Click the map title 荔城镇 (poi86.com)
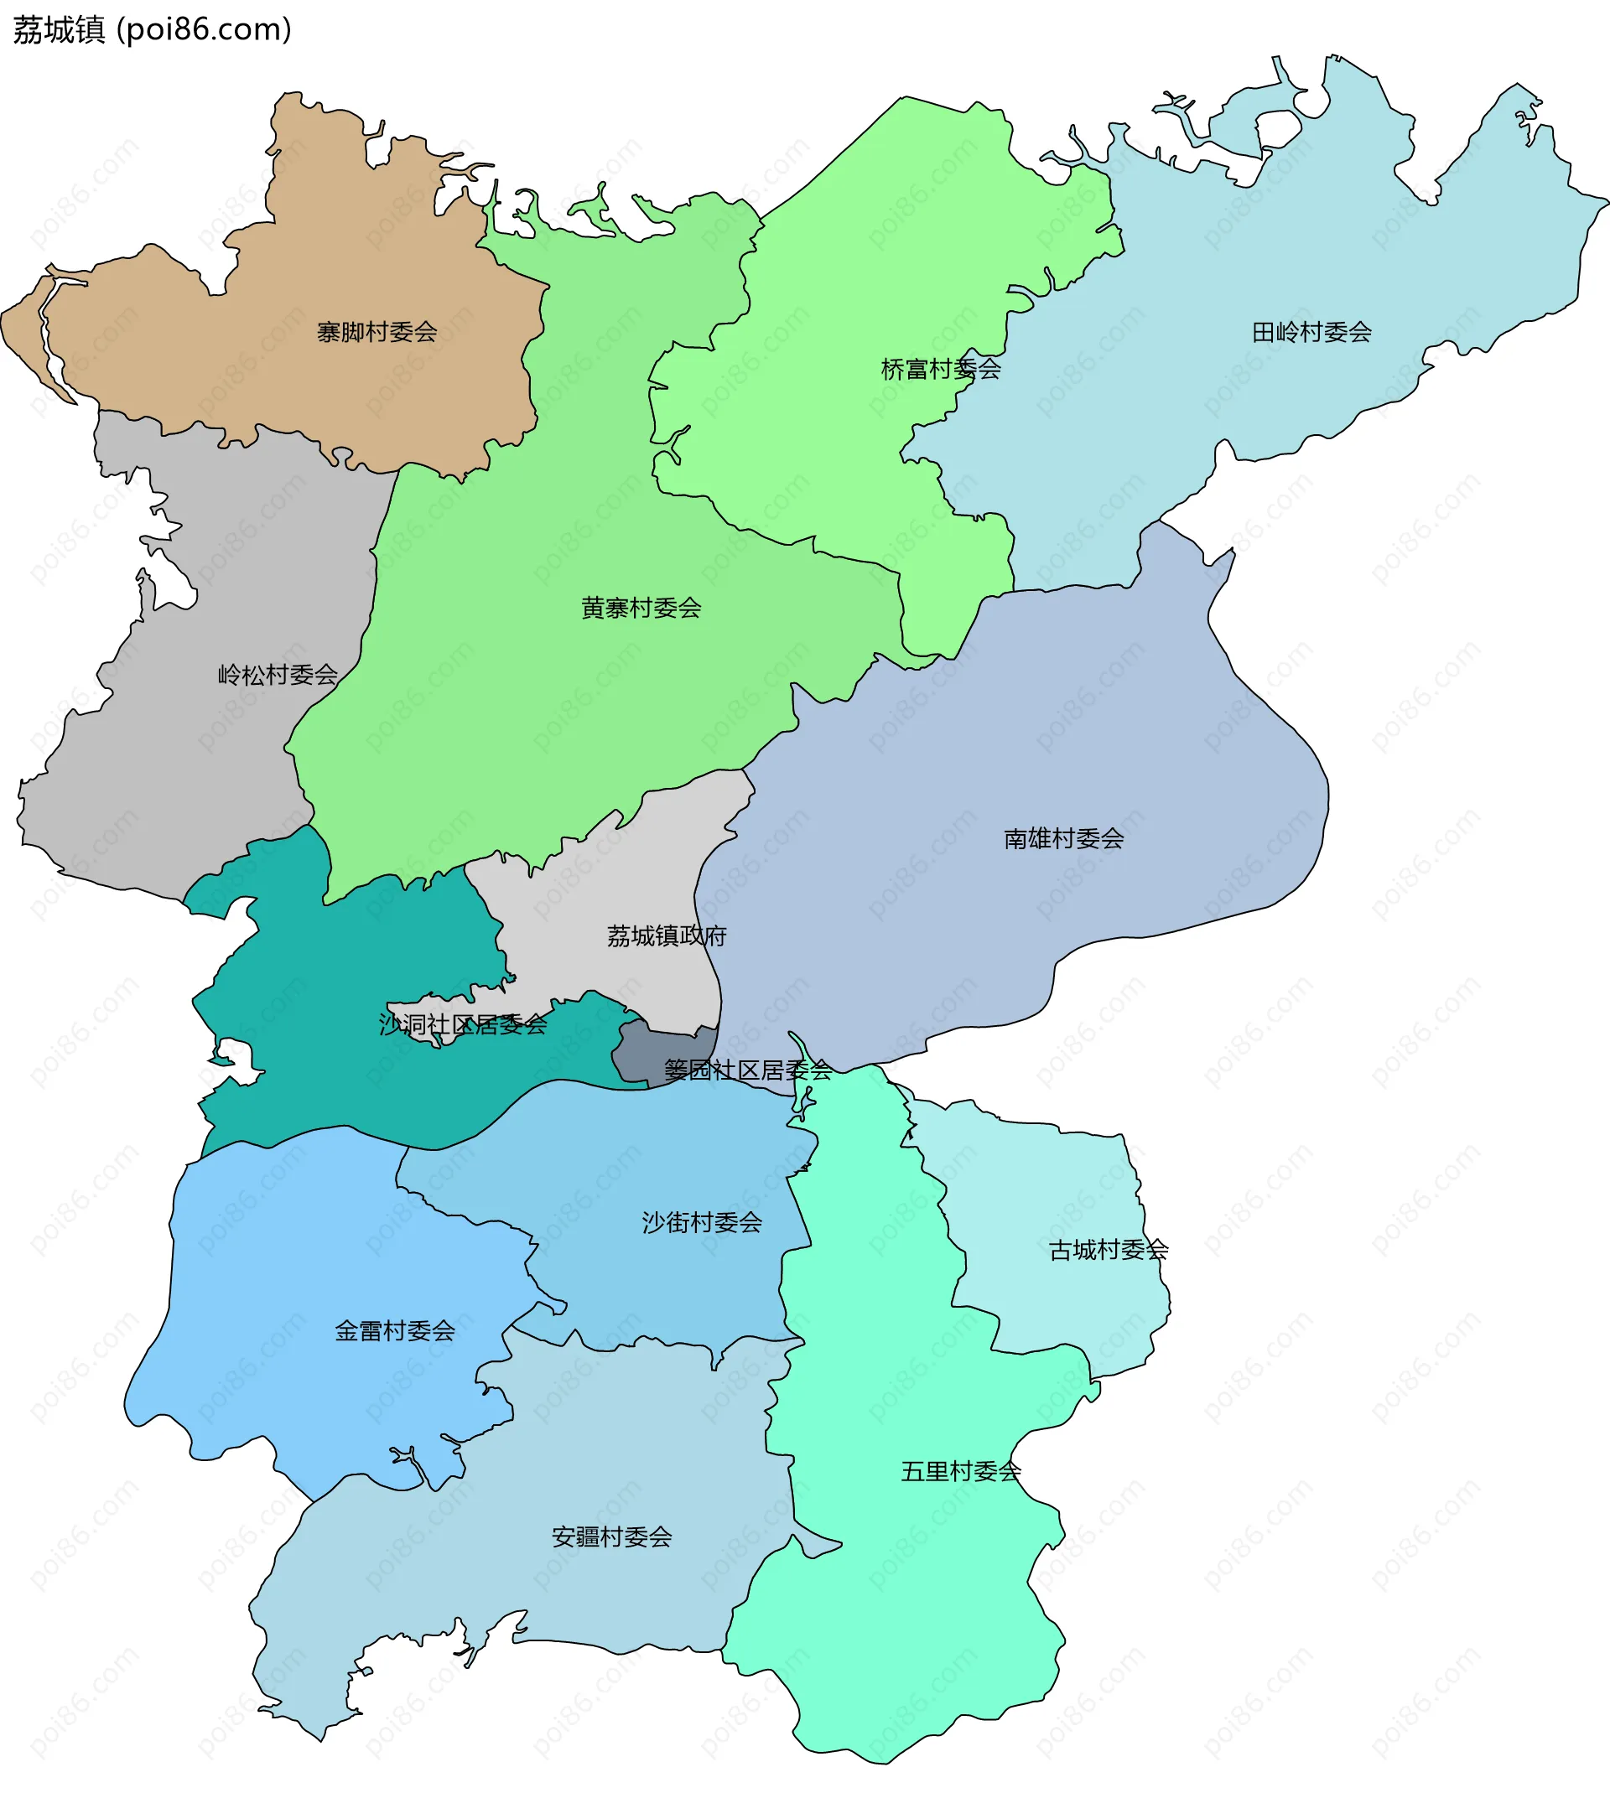click(151, 30)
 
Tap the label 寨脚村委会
click(377, 332)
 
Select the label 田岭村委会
click(1311, 332)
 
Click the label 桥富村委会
click(940, 369)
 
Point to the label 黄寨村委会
click(641, 608)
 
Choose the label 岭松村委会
click(278, 675)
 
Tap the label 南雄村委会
click(1063, 838)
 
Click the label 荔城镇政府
click(667, 935)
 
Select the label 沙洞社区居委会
click(463, 1024)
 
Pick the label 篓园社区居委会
click(748, 1070)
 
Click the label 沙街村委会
click(701, 1222)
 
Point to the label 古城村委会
click(1108, 1250)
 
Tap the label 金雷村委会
click(394, 1330)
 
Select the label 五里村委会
click(960, 1471)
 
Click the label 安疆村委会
click(611, 1537)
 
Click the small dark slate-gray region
click(658, 1050)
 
